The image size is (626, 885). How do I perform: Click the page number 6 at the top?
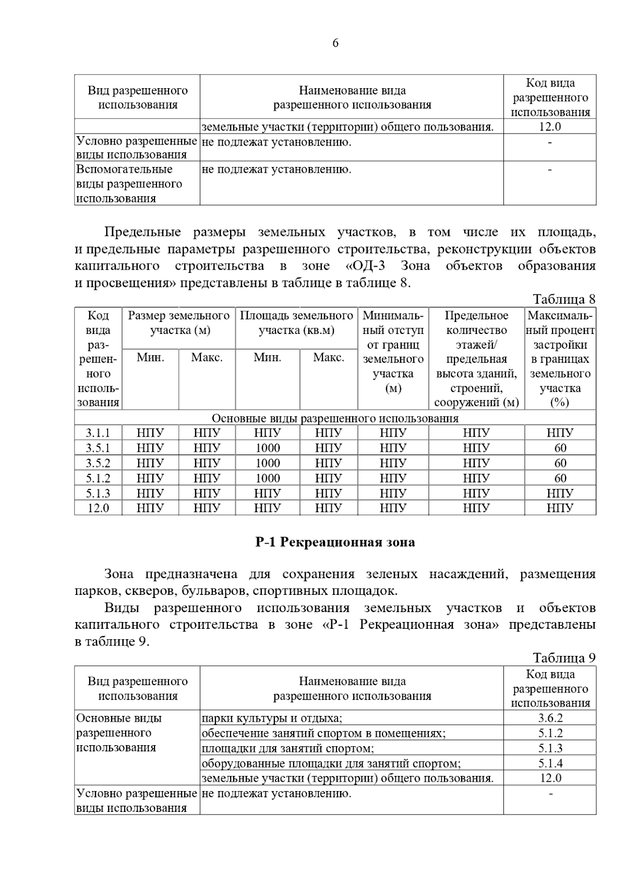(335, 43)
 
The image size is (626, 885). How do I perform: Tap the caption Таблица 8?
(563, 300)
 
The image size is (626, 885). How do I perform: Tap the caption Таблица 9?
(563, 658)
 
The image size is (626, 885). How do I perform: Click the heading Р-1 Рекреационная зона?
(335, 542)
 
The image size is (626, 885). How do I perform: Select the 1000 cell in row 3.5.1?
(268, 448)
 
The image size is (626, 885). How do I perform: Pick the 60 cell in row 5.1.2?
(560, 478)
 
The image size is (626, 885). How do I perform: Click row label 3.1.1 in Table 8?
(98, 433)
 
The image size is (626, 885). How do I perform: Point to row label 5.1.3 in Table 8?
(98, 493)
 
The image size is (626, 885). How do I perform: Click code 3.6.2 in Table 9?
(550, 718)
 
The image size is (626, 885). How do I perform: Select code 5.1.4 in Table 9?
(550, 763)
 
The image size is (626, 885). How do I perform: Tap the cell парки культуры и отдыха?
(271, 718)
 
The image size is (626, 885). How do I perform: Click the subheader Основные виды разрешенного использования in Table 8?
(335, 418)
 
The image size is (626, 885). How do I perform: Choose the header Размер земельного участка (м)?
(179, 323)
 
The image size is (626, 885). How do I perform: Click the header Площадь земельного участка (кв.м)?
(296, 323)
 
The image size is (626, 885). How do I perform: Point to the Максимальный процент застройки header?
(560, 359)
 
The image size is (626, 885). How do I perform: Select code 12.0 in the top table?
(550, 127)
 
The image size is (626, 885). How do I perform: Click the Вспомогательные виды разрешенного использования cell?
(129, 184)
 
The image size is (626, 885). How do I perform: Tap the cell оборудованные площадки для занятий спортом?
(331, 763)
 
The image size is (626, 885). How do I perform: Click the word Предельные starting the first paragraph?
(142, 232)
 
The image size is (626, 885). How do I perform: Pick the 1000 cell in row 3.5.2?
(268, 463)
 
